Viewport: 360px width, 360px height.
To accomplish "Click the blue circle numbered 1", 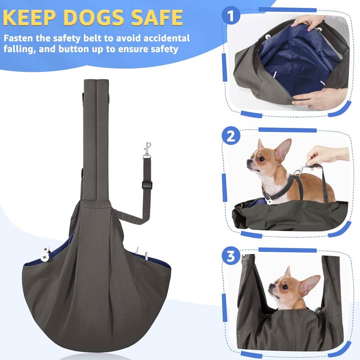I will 231,18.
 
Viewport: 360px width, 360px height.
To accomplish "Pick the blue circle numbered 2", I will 231,136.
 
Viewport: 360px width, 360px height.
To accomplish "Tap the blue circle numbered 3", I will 231,257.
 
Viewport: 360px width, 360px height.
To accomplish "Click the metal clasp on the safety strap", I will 147,150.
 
